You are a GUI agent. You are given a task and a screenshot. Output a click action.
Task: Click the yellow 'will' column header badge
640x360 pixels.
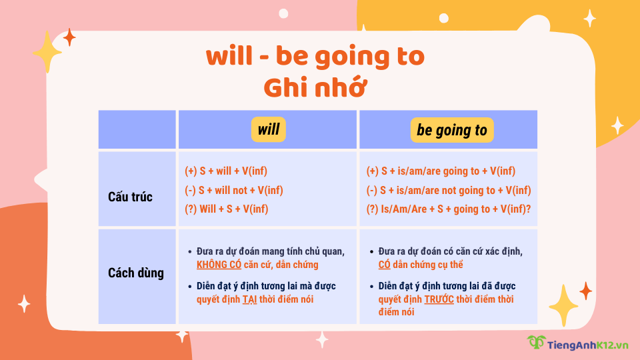coord(269,129)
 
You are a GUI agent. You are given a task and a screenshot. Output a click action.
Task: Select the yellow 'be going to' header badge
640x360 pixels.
coord(452,129)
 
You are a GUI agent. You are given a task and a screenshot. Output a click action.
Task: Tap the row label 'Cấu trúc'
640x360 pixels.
coord(130,197)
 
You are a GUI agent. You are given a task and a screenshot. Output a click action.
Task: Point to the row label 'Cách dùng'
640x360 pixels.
coord(136,273)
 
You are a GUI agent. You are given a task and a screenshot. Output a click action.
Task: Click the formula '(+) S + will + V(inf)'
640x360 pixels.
coord(226,171)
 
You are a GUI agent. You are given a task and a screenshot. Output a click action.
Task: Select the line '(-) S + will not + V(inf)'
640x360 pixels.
coord(234,190)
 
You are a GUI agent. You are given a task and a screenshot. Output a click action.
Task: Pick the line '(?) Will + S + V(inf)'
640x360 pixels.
coord(227,209)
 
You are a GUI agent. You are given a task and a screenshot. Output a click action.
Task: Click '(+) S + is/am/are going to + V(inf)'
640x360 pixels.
coord(441,171)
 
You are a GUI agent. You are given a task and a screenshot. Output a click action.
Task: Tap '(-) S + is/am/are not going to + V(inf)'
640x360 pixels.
coord(449,190)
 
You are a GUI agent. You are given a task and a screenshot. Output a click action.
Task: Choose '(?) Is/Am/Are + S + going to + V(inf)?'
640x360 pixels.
coord(449,209)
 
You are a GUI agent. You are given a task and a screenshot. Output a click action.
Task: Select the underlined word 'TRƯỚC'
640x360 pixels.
coord(439,299)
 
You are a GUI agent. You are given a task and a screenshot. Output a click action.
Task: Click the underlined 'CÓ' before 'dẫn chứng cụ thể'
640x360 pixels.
coord(384,265)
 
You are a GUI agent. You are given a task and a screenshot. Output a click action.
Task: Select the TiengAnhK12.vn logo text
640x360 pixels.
coord(587,344)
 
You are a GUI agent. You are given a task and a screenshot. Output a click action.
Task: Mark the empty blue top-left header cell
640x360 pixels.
coord(137,129)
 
